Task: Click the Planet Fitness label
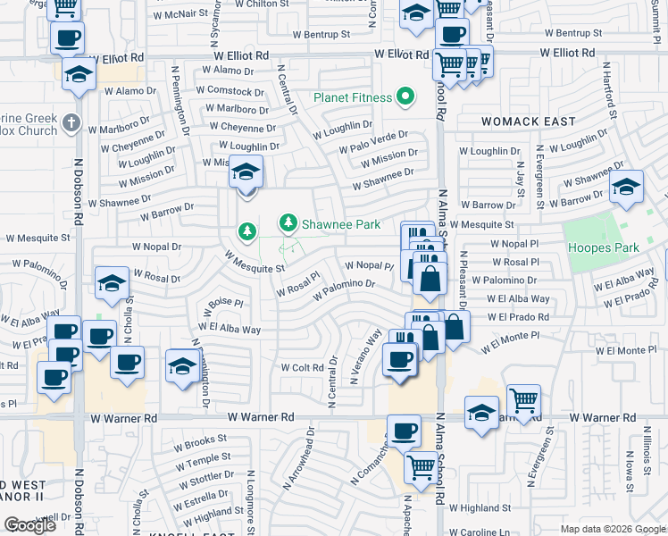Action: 352,97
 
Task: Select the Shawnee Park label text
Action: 342,224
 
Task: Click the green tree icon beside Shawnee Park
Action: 288,222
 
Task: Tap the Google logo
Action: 30,525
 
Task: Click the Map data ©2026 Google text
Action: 612,529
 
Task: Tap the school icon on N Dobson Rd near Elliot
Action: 79,75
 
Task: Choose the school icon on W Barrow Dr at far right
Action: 626,186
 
